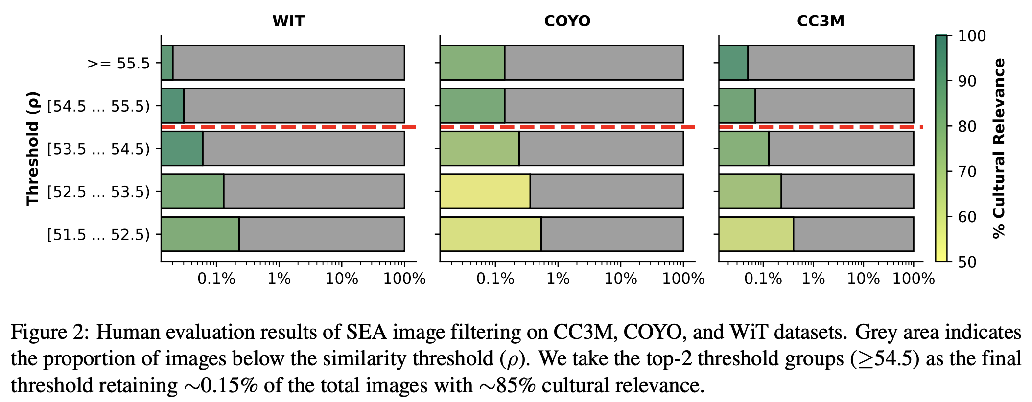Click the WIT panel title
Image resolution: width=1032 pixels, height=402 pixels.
288,21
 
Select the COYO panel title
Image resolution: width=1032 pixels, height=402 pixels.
567,21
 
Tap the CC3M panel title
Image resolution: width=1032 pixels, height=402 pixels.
821,21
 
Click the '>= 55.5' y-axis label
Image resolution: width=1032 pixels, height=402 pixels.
118,64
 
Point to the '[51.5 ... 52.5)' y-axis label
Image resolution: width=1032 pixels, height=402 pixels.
98,234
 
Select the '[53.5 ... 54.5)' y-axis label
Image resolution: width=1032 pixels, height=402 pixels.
98,149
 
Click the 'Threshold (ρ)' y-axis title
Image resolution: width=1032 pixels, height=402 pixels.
32,148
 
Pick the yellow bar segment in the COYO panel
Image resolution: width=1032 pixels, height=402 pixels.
485,191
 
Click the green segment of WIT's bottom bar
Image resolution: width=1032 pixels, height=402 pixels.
200,234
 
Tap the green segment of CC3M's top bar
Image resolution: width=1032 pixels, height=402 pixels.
733,63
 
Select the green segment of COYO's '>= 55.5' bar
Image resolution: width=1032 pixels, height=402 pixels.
472,63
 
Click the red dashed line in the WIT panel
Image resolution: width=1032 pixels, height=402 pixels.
288,127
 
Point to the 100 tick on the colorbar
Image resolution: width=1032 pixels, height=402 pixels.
971,36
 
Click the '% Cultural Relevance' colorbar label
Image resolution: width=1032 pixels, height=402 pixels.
999,148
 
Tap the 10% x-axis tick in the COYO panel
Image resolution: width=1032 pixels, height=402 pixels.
620,279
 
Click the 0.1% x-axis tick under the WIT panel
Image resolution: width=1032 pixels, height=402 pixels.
216,279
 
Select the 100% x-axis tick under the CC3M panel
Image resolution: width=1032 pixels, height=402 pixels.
913,279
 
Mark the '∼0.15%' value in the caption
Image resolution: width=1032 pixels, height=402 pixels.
220,386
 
